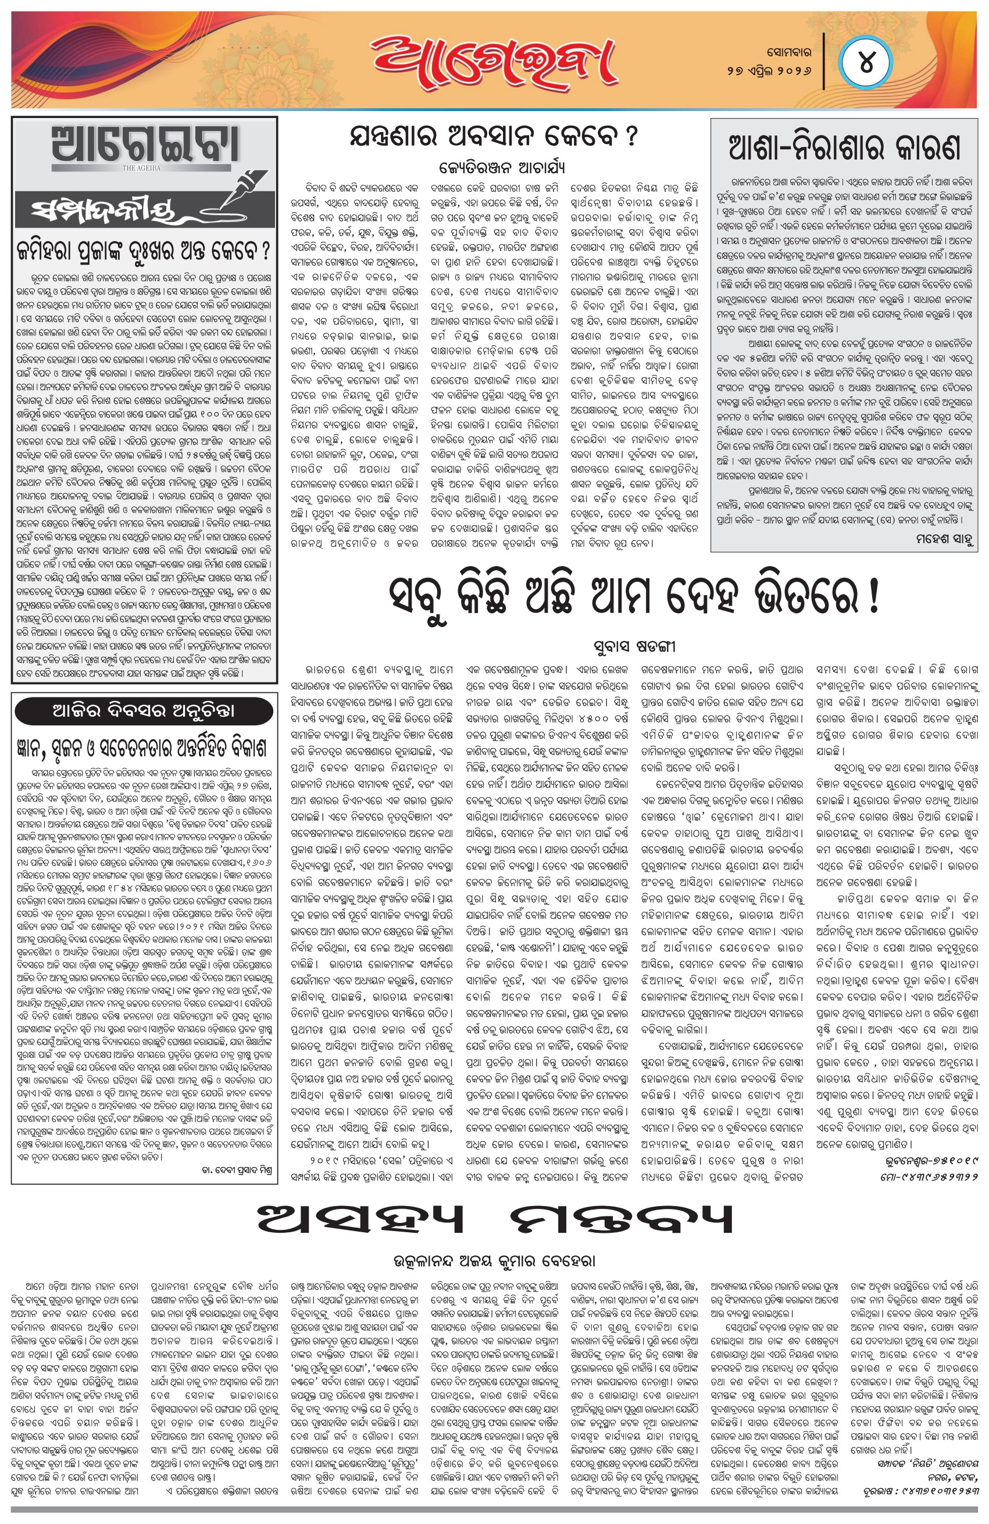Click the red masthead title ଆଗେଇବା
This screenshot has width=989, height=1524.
[x=491, y=59]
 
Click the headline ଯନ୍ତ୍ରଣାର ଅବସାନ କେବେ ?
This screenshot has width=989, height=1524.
[x=493, y=137]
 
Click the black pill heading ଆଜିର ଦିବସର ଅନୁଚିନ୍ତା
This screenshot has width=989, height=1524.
[x=145, y=711]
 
